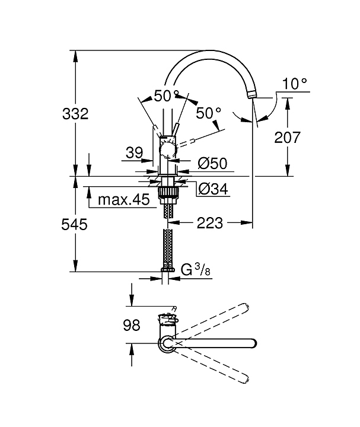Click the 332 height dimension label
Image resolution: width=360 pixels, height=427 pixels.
point(75,113)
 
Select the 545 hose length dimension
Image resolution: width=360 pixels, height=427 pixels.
point(74,224)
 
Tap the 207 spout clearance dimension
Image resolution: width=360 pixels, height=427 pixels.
point(287,137)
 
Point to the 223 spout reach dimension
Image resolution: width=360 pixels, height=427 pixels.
point(210,223)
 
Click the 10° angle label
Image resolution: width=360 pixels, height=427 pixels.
point(295,84)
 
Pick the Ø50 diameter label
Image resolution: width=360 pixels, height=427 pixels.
point(212,164)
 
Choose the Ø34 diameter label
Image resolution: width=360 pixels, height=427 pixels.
point(214,189)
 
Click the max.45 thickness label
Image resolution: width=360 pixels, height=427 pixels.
point(123,199)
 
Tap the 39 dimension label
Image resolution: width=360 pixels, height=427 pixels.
point(134,152)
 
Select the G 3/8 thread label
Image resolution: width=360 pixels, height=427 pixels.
point(196,270)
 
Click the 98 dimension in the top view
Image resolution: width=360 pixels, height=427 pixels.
point(132,325)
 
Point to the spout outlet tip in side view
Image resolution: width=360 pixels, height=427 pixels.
point(251,95)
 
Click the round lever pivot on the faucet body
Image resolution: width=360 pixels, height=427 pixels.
point(168,150)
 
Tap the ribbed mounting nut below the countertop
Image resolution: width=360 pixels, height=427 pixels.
point(168,192)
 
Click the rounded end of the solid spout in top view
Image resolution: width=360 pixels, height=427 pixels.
point(253,343)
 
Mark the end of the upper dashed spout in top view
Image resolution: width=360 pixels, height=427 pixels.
point(246,306)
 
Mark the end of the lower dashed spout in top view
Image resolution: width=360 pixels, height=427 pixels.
point(246,379)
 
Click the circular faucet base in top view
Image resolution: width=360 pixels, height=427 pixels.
point(167,343)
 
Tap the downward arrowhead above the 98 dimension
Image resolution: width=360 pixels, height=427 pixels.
point(132,302)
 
